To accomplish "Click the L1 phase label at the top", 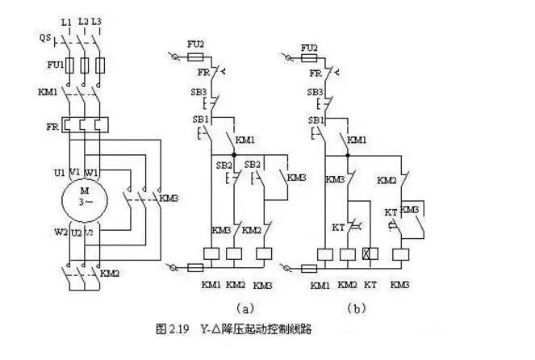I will pos(67,19).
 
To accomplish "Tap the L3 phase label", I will pos(98,19).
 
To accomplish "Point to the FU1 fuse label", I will pos(46,62).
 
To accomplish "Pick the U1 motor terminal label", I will pos(59,173).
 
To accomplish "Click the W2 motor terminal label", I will pos(60,232).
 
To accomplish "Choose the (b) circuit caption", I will pos(356,308).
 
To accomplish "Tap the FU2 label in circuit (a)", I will pos(194,48).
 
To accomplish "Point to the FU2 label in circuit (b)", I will pos(309,48).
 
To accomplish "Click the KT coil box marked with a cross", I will pos(372,254).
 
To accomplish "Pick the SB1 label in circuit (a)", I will pos(199,119).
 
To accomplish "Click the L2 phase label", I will pos(82,19).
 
